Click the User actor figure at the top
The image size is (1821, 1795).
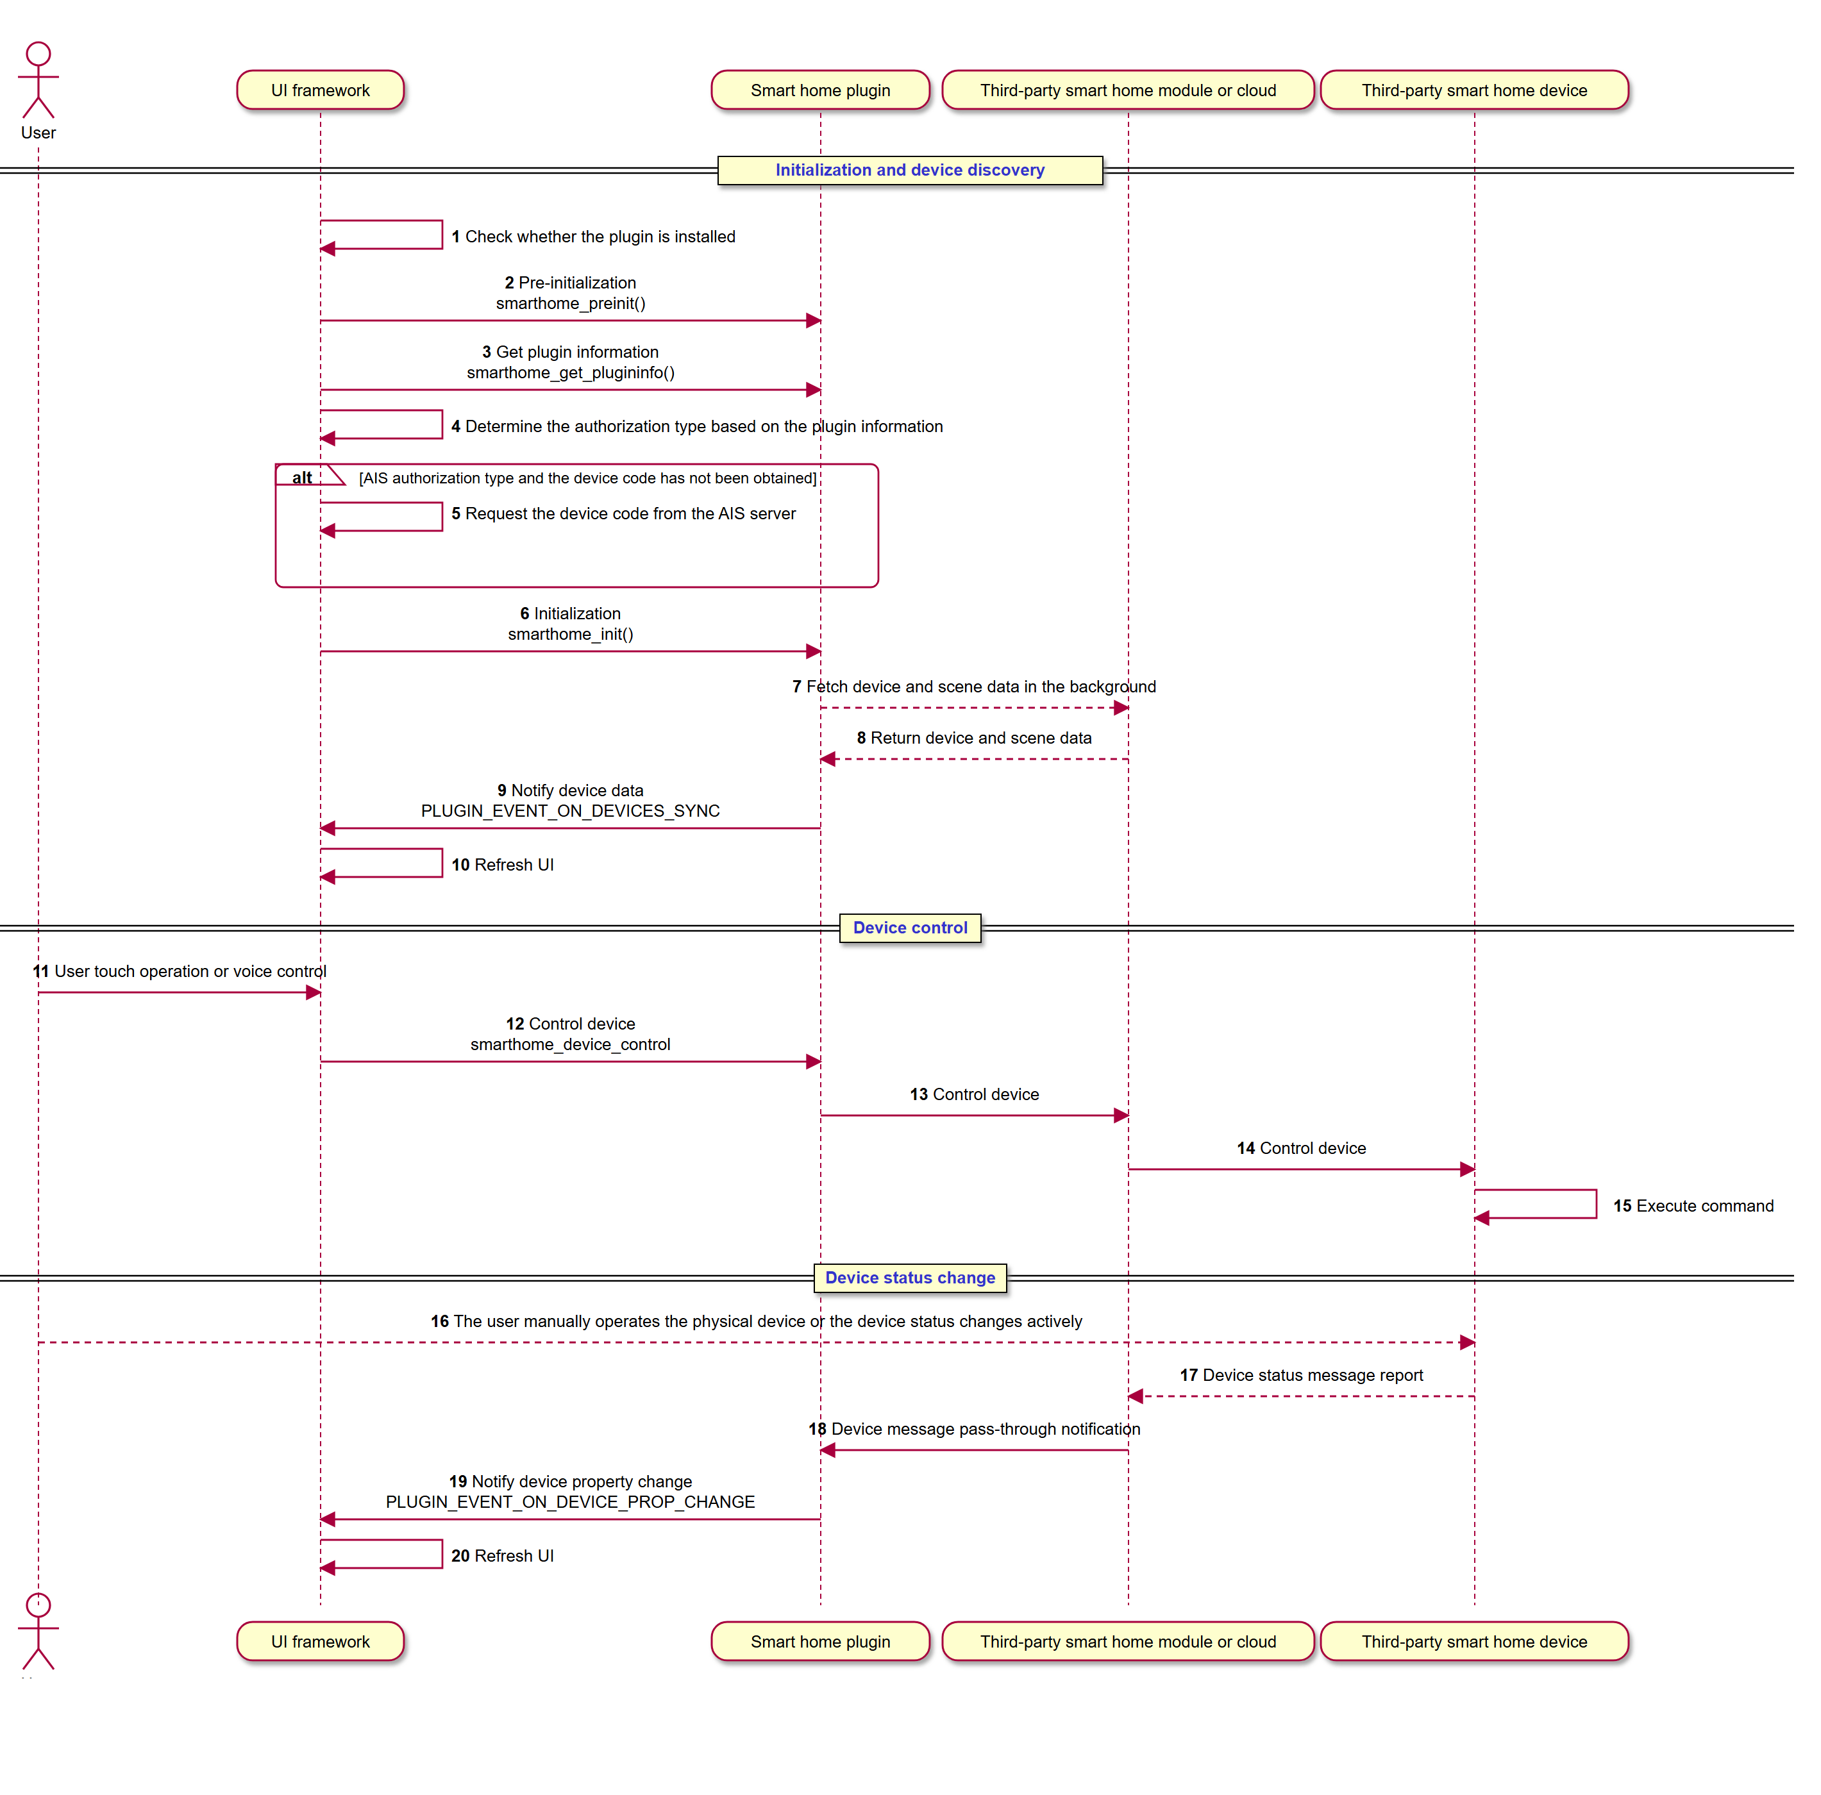(x=38, y=80)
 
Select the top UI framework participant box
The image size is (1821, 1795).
(x=321, y=90)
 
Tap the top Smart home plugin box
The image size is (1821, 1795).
(x=820, y=90)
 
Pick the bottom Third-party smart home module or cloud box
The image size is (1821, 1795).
(x=1129, y=1641)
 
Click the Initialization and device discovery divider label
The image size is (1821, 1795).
(x=910, y=171)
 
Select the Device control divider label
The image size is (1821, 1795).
(x=910, y=928)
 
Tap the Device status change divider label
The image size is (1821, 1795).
(x=910, y=1278)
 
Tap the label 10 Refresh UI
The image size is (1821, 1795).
(x=502, y=865)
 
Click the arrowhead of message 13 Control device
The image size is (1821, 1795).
(x=1121, y=1115)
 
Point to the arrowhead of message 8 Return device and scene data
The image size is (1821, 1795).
(x=828, y=760)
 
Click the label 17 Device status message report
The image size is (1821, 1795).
(x=1301, y=1376)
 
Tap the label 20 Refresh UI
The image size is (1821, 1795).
(x=502, y=1557)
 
